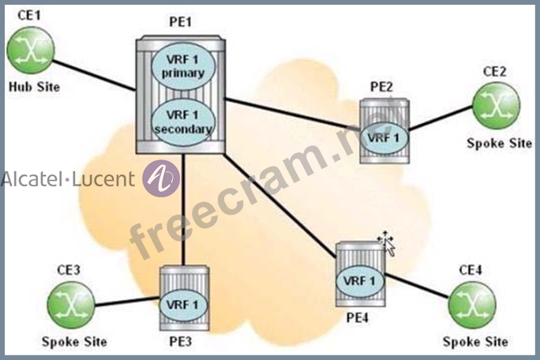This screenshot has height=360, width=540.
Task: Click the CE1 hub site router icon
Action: point(31,51)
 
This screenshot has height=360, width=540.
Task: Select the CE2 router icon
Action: point(496,106)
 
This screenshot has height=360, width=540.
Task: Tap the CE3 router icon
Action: point(71,305)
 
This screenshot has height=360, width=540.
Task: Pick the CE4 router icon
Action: point(472,305)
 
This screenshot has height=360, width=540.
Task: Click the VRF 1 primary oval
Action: point(183,66)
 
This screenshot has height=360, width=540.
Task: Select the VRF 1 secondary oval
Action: point(183,122)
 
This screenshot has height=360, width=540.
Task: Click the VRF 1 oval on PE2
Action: point(384,138)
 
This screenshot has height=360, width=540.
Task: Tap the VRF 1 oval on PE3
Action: point(182,305)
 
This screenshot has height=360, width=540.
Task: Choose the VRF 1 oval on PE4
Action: point(359,281)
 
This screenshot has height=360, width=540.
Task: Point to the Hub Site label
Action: point(34,87)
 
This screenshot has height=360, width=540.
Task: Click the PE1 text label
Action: point(180,22)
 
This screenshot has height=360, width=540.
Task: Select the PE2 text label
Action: point(381,87)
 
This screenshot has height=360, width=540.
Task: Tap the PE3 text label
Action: point(181,341)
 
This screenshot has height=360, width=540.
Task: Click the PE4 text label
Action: point(357,317)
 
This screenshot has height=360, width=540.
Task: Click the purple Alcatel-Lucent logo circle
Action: point(161,178)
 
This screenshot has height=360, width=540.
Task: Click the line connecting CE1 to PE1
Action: point(94,76)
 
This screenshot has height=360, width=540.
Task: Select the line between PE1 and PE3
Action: point(183,209)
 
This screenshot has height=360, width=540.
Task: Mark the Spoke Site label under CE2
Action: point(500,143)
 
